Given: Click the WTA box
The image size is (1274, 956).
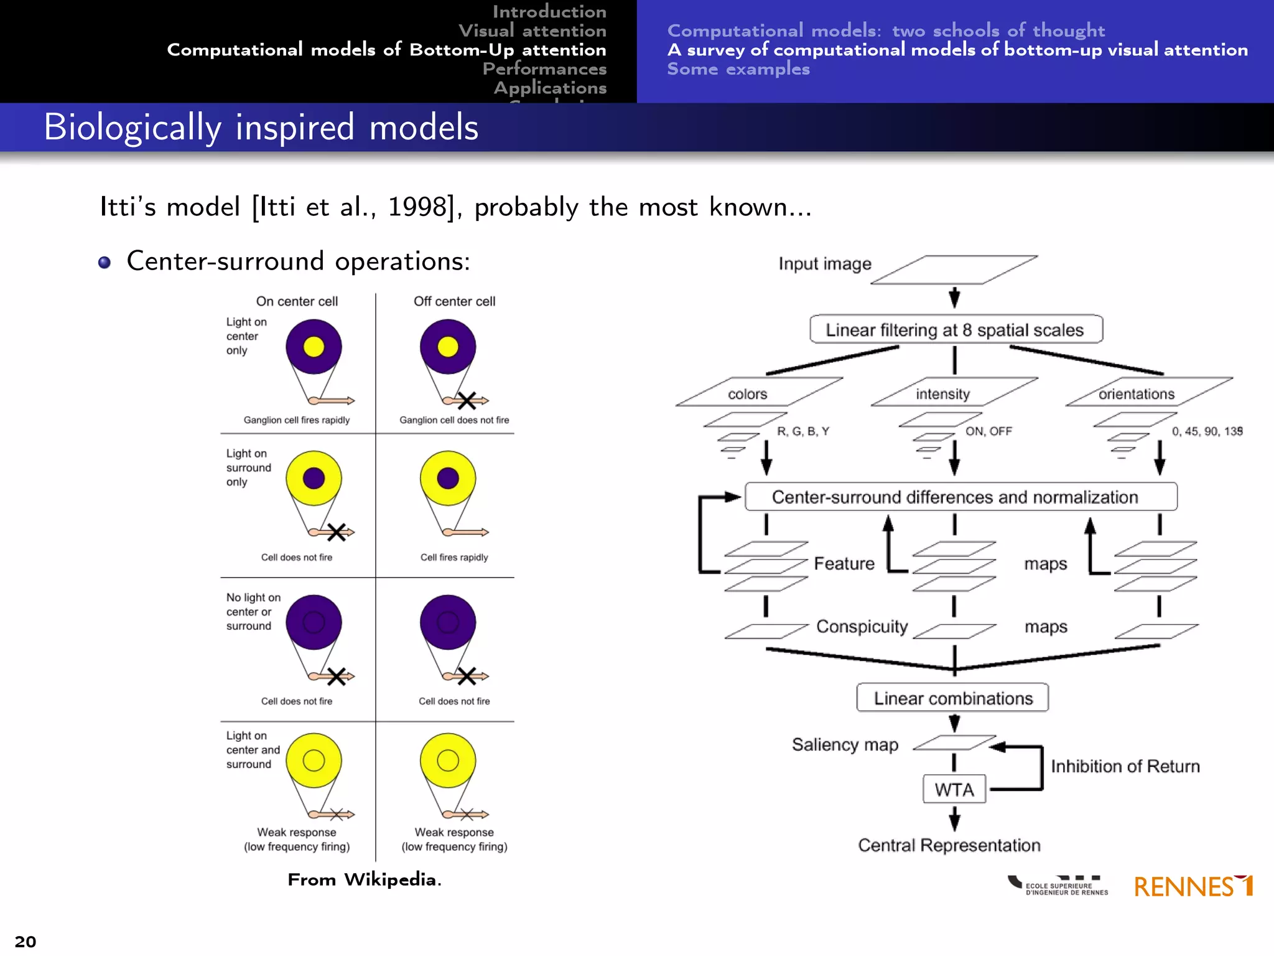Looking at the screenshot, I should click(954, 789).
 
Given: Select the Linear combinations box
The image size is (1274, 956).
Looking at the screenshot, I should click(952, 698).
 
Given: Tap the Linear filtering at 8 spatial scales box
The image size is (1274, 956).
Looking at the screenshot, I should click(955, 329).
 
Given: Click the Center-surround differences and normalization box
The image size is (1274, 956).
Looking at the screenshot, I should click(960, 497).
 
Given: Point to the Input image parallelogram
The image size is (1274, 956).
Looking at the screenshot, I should click(954, 269).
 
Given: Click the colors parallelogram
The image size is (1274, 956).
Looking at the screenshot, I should click(759, 392).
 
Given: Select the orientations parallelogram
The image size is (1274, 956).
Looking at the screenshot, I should click(1148, 392).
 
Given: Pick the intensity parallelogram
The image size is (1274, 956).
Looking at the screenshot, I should click(954, 392).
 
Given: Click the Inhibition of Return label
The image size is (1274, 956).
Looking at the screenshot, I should click(1125, 766).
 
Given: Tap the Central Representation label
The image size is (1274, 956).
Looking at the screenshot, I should click(949, 845).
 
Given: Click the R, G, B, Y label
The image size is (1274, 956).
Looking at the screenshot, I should click(802, 431).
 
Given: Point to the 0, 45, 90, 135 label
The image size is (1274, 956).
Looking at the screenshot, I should click(1207, 431).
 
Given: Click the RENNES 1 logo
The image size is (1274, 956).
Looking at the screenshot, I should click(1193, 886).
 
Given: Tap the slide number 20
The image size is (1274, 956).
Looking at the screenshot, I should click(26, 941).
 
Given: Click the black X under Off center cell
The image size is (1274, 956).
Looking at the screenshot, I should click(467, 400).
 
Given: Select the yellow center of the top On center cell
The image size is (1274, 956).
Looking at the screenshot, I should click(314, 347).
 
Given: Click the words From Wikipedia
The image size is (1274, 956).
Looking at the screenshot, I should click(365, 879).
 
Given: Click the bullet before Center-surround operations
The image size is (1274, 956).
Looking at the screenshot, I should click(105, 262).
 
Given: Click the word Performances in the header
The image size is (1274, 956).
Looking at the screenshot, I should click(544, 68).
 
